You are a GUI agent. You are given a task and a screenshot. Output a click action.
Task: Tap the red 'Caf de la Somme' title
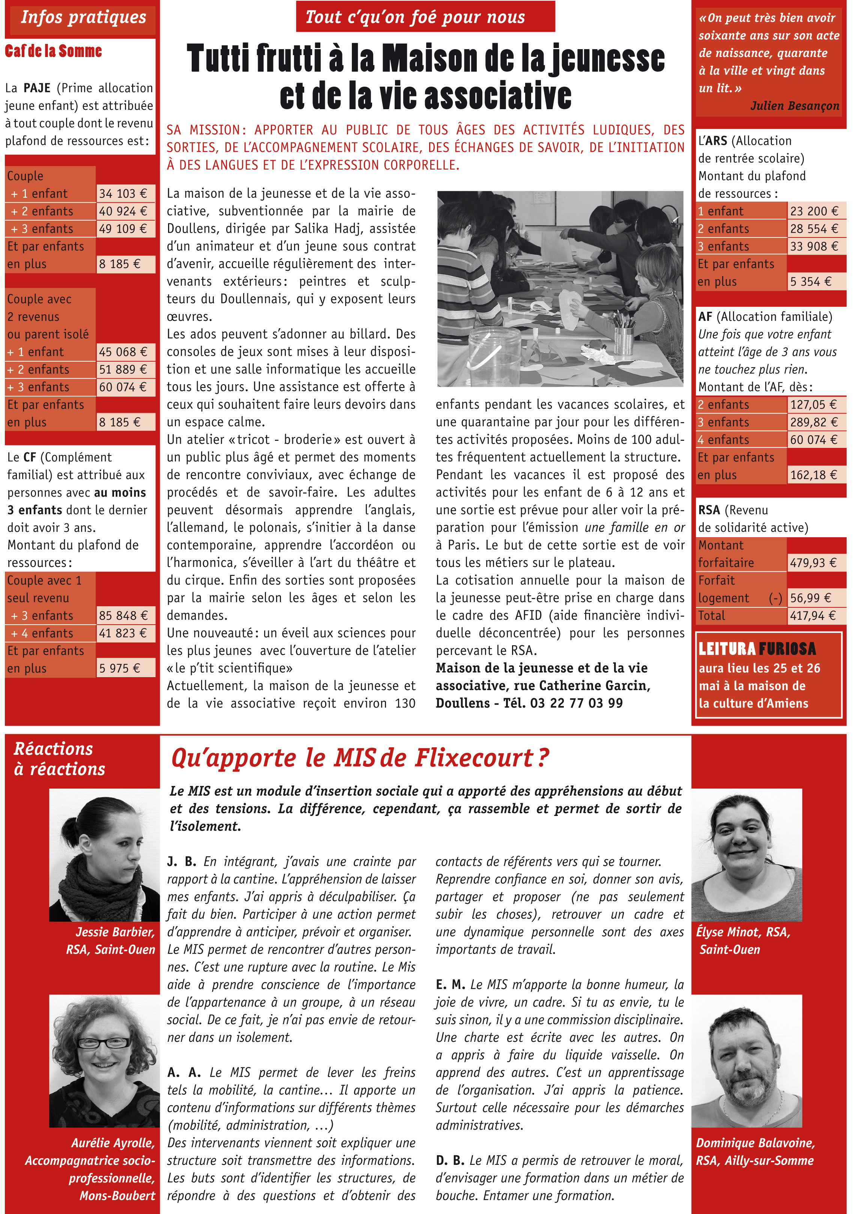tap(53, 51)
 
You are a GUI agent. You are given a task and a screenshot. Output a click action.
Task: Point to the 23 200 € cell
tap(814, 211)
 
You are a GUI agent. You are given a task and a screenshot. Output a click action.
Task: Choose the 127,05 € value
tap(813, 404)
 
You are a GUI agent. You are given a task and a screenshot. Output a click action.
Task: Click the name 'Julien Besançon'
tap(794, 106)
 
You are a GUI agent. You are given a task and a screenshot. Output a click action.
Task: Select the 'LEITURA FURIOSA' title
tap(757, 649)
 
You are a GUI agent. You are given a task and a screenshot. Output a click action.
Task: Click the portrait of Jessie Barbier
tap(104, 855)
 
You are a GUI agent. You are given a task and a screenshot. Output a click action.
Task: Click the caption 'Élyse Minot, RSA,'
tap(743, 932)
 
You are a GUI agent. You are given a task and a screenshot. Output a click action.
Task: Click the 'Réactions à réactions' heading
tap(59, 759)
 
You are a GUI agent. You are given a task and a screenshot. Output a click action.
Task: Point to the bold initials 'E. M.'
tap(450, 984)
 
